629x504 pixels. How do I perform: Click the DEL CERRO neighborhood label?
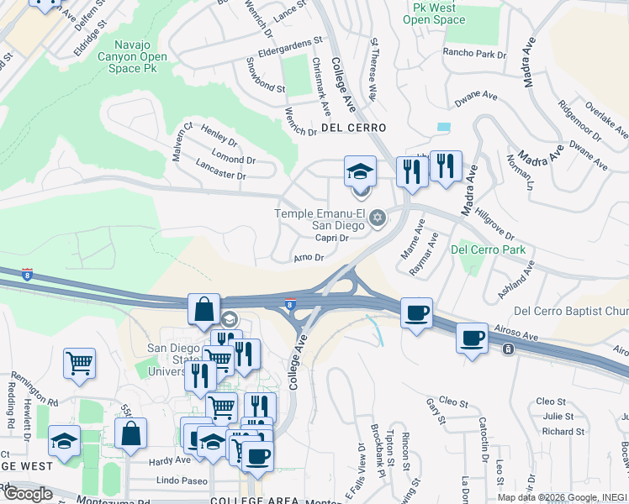pyautogui.click(x=353, y=128)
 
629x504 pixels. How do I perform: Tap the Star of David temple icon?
pyautogui.click(x=378, y=219)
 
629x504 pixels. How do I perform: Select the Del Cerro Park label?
pyautogui.click(x=488, y=249)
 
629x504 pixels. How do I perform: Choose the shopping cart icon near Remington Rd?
pyautogui.click(x=79, y=363)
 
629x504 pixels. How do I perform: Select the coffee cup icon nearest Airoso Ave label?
pyautogui.click(x=472, y=338)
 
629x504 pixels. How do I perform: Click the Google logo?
pyautogui.click(x=28, y=494)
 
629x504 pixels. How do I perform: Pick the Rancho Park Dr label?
pyautogui.click(x=475, y=54)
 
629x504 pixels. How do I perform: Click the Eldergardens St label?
pyautogui.click(x=289, y=40)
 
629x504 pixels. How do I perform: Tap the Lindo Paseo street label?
pyautogui.click(x=182, y=480)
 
